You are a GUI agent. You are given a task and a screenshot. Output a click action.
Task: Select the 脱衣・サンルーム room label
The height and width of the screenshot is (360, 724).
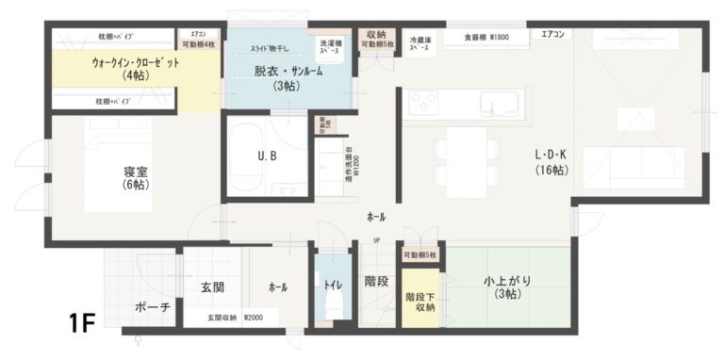pos(285,77)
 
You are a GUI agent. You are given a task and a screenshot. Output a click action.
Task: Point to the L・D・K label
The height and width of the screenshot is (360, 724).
pos(551,162)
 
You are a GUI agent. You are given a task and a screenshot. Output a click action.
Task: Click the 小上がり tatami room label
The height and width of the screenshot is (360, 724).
pos(505,286)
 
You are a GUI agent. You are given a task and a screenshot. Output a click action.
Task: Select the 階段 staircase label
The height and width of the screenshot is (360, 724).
pos(377,281)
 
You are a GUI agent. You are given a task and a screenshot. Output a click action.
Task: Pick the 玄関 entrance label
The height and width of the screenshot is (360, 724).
pos(211,286)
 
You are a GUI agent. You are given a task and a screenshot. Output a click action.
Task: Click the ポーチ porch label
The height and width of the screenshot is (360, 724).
pos(153,307)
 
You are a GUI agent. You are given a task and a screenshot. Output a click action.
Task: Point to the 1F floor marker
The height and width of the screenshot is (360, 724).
pos(81,323)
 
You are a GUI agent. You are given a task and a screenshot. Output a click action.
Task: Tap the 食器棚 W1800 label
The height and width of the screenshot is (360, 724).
pos(486,38)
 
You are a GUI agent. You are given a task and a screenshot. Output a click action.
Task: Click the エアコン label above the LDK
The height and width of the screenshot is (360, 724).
pos(552,35)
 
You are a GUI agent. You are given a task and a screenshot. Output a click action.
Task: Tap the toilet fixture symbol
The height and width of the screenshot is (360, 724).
pos(331,306)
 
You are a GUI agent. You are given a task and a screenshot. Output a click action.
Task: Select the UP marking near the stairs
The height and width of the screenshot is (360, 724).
pos(376,239)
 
